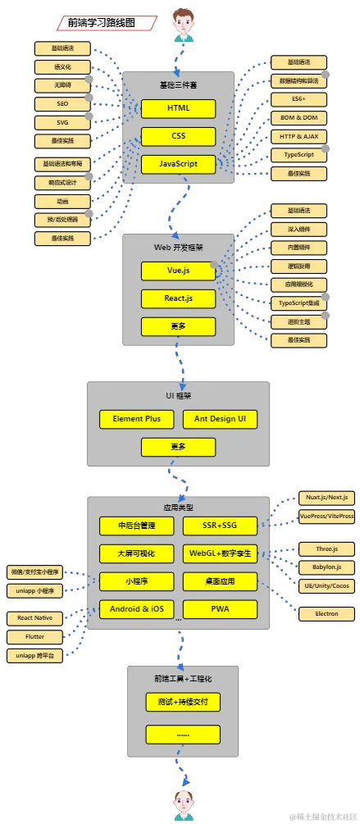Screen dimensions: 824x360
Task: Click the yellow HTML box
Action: (x=178, y=109)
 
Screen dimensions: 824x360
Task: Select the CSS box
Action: (x=178, y=136)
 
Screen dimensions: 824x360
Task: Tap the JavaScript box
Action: (x=178, y=164)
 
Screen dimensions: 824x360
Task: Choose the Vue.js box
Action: (x=178, y=271)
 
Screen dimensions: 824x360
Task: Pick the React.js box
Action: (x=178, y=298)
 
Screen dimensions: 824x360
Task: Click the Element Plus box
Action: (x=136, y=419)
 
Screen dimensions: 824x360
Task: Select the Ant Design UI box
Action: (x=220, y=419)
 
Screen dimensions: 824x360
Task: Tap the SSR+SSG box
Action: (x=220, y=525)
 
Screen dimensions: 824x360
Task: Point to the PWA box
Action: (x=220, y=608)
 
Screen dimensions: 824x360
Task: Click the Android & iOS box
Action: (x=136, y=608)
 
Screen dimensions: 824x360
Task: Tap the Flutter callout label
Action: (x=34, y=636)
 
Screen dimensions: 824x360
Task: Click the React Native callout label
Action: (x=34, y=617)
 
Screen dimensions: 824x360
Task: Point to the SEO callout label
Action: (x=62, y=104)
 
